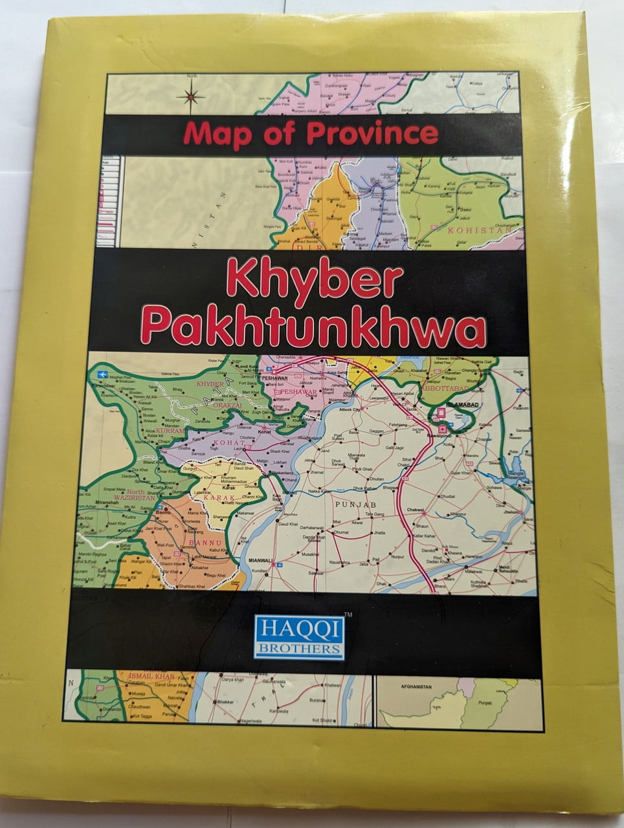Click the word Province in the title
coord(372,133)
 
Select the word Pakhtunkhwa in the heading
coord(313,327)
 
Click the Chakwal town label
coord(415,510)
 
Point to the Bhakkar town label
coord(224,701)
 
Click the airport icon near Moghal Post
coord(100,375)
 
